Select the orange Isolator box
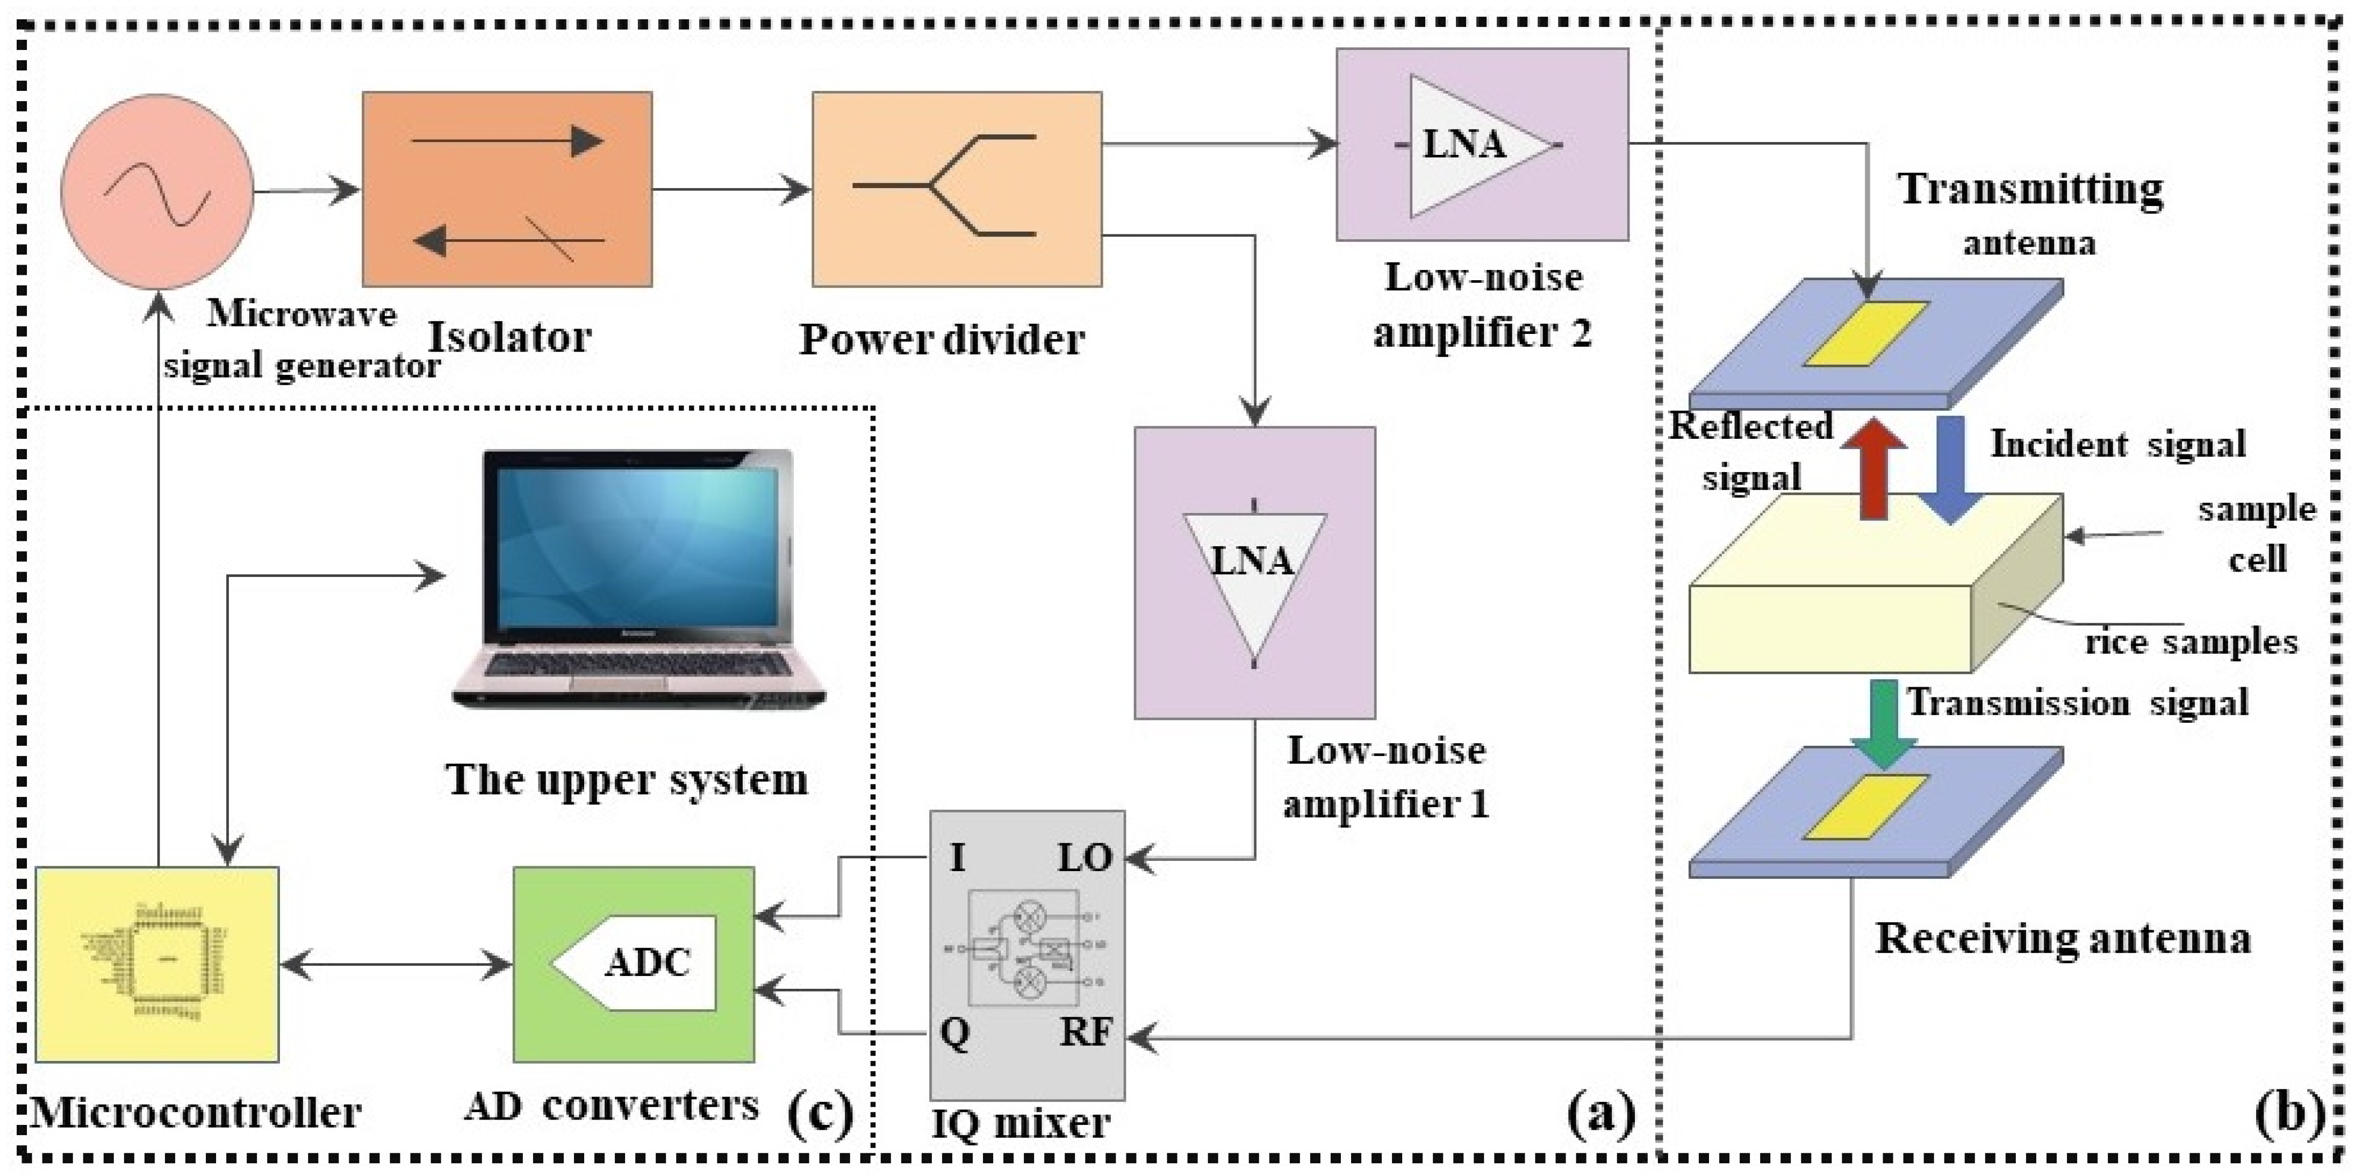point(507,189)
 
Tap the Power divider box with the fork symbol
point(956,189)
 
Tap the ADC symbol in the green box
point(640,962)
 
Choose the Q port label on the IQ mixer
point(954,1034)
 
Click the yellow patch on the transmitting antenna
point(1865,334)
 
